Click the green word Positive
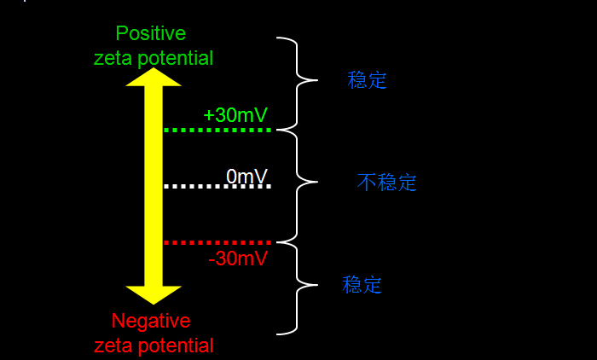tap(151, 33)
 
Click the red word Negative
tap(151, 322)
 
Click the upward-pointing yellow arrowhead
tap(154, 77)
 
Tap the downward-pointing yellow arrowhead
tap(154, 294)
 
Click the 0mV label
tap(247, 176)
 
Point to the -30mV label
tap(238, 258)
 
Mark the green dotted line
tap(217, 130)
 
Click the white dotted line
tap(217, 186)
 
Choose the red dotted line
tap(217, 243)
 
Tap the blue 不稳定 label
tap(387, 182)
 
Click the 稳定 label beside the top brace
tap(368, 81)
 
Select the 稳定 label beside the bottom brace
tap(362, 285)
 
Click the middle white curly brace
tap(298, 183)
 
